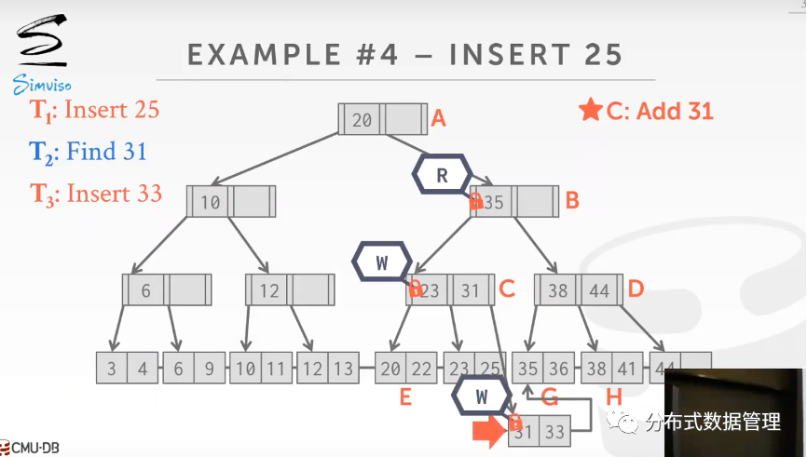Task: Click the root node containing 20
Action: pos(383,119)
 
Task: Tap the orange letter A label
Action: pos(438,118)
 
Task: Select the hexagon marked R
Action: pos(444,173)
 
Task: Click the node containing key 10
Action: pos(231,201)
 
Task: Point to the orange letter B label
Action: pos(572,200)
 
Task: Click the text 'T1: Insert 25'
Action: pos(95,110)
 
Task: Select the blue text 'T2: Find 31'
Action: pos(89,152)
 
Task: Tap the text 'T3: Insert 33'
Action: pos(96,194)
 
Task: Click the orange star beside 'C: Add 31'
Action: pos(590,111)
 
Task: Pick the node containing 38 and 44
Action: pos(579,290)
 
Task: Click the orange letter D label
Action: pos(636,289)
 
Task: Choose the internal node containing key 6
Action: pos(167,290)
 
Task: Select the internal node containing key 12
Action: pos(290,290)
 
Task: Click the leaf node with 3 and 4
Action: pos(127,369)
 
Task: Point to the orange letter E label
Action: pos(405,397)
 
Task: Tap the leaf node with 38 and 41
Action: pos(610,369)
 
